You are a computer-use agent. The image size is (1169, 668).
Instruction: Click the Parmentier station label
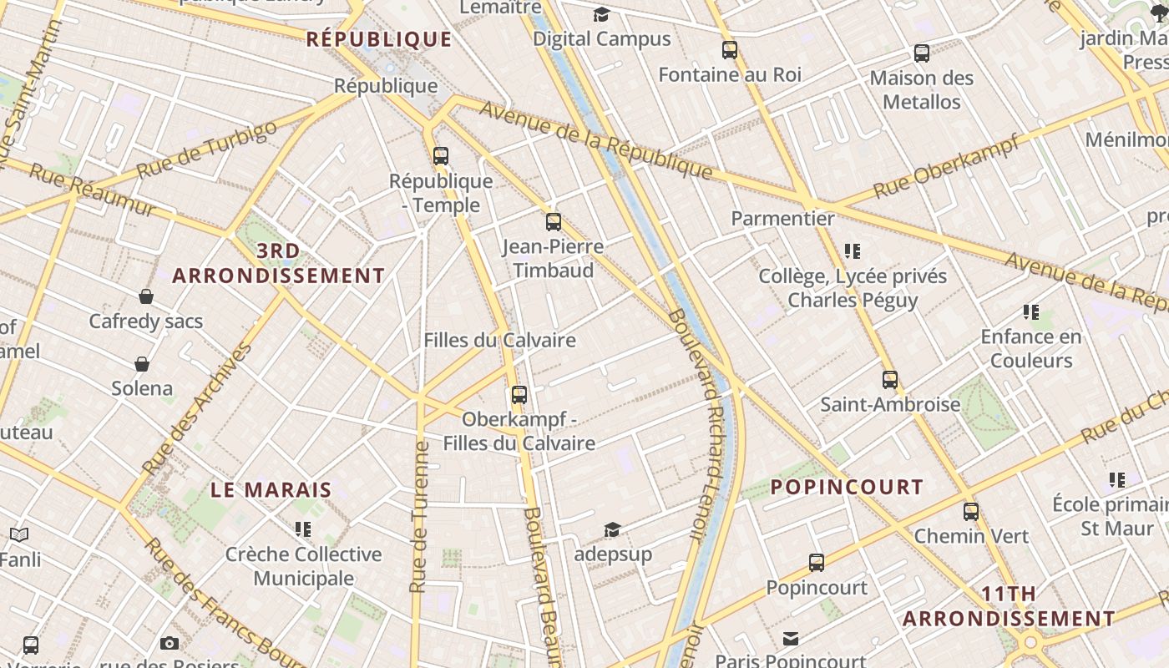click(782, 219)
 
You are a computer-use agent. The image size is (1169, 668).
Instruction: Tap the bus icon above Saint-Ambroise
click(890, 380)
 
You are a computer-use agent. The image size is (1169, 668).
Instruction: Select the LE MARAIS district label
click(271, 490)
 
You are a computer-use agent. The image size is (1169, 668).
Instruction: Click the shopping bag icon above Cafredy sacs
click(146, 296)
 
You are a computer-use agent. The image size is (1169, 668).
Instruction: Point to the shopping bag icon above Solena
click(142, 364)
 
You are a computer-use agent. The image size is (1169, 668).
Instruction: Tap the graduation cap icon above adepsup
click(612, 530)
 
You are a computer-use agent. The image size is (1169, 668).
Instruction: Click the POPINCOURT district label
click(847, 487)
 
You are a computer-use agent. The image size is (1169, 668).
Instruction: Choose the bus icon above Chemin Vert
click(970, 512)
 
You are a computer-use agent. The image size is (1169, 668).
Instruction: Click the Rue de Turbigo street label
click(206, 149)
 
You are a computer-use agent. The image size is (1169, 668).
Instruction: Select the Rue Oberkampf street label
click(946, 167)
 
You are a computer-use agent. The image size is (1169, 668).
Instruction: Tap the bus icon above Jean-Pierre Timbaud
click(553, 222)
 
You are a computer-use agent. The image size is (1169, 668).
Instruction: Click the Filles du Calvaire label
click(499, 341)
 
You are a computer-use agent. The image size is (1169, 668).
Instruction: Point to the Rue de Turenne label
click(420, 518)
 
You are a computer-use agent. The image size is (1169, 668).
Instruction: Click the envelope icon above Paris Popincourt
click(790, 639)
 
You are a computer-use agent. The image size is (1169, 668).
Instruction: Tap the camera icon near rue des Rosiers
click(170, 643)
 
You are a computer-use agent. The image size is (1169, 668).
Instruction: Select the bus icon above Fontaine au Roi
click(730, 50)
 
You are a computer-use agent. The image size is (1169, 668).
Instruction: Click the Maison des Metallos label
click(922, 90)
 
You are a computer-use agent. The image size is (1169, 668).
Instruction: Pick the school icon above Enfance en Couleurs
click(1031, 312)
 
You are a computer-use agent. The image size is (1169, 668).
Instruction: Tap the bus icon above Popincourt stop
click(817, 563)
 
